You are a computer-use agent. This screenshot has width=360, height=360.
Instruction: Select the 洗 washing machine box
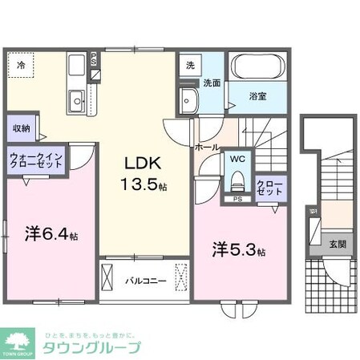190,64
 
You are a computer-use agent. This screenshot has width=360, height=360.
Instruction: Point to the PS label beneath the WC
238,198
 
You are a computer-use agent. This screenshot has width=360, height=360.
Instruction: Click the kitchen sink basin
79,102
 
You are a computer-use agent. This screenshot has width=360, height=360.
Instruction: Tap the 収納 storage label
21,128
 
